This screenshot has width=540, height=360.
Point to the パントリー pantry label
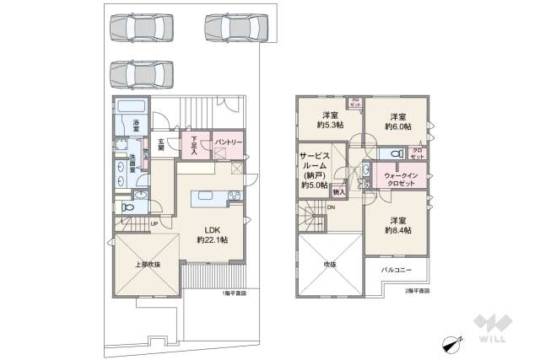pyautogui.click(x=229, y=143)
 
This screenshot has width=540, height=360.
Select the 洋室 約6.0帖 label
pyautogui.click(x=397, y=121)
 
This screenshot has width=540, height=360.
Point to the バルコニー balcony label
pyautogui.click(x=397, y=271)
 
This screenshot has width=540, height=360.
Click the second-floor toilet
pyautogui.click(x=389, y=154)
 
